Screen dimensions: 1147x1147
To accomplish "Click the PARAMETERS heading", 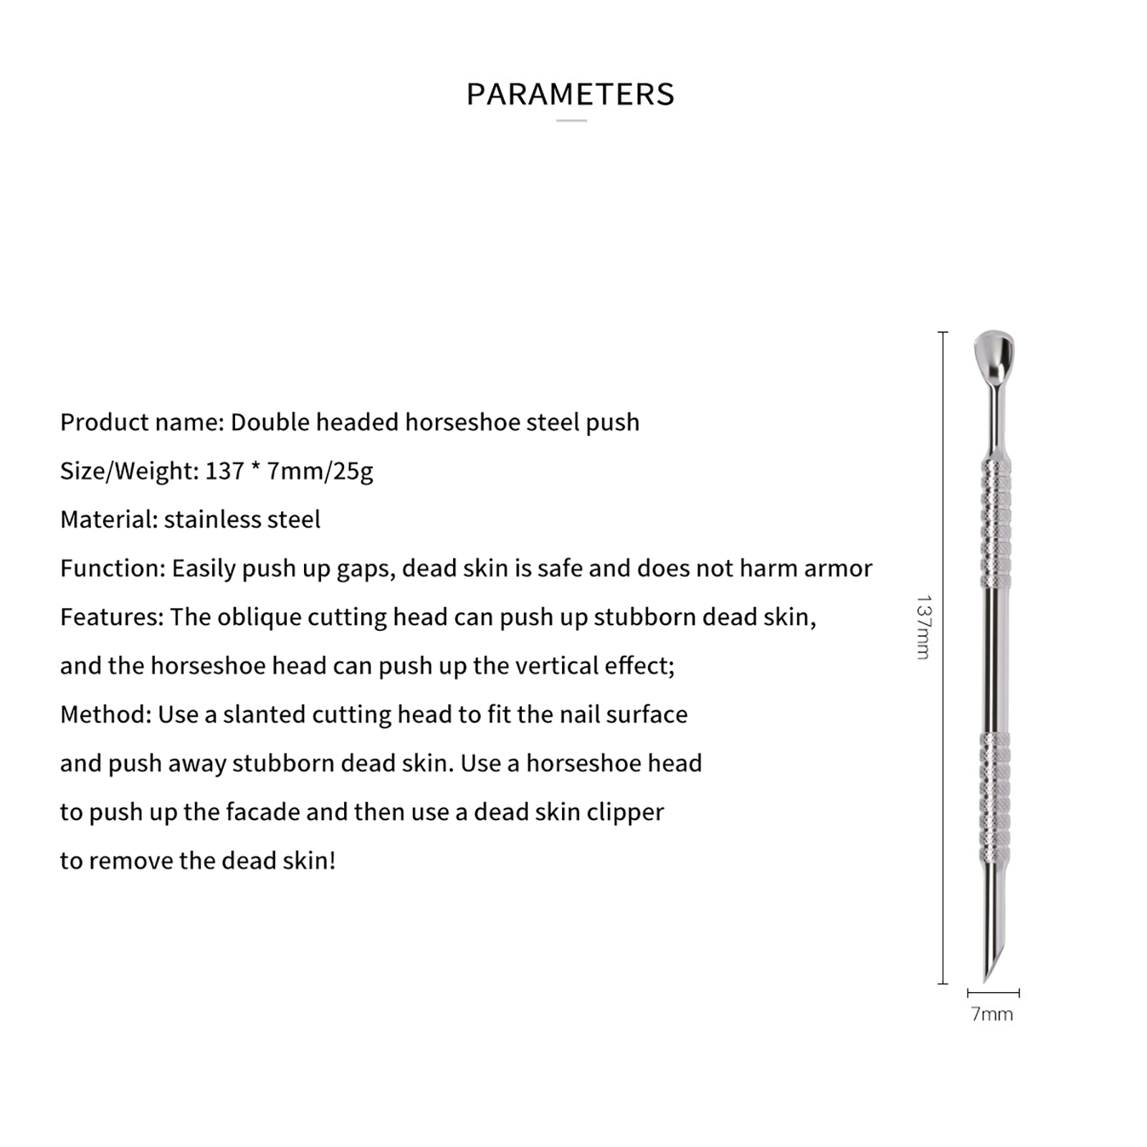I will tap(571, 95).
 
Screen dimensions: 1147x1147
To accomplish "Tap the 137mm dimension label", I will tap(924, 627).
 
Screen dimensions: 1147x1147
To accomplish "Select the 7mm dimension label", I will tap(992, 1014).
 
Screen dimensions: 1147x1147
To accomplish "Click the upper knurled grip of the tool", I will tap(995, 523).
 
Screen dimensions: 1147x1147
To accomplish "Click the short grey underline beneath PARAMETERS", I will tap(571, 120).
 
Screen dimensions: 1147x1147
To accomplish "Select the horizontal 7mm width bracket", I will tap(993, 993).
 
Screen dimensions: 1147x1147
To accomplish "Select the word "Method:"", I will tap(105, 715).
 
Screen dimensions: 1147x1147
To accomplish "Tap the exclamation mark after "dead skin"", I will tap(332, 860).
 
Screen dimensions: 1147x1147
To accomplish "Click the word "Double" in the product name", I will tap(270, 422).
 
